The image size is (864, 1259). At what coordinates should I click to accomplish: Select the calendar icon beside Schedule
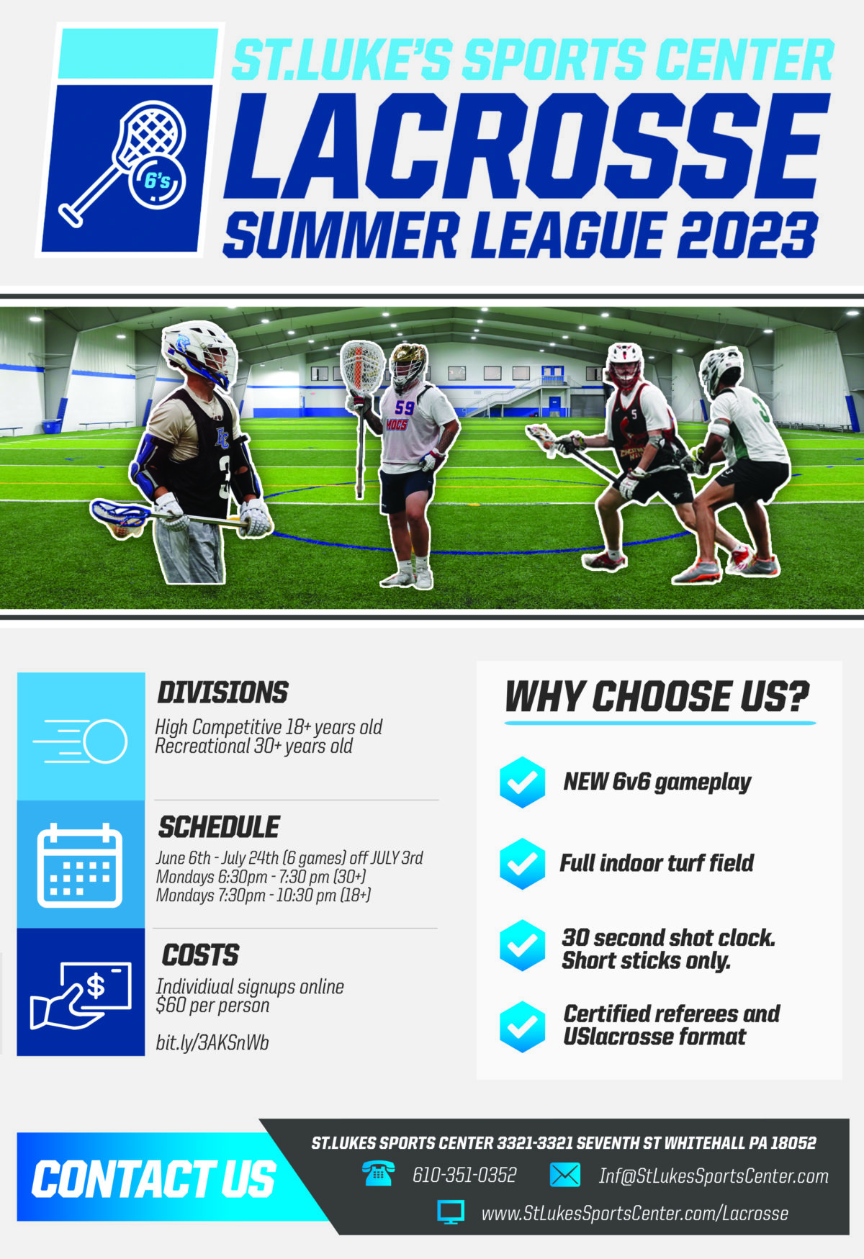tap(80, 865)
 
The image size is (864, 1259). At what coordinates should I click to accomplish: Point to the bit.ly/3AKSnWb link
tap(212, 1042)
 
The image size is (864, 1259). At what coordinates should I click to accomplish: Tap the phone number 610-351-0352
tap(464, 1175)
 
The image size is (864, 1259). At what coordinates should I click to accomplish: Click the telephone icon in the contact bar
tap(378, 1174)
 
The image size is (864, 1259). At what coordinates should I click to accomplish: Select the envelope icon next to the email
tap(564, 1175)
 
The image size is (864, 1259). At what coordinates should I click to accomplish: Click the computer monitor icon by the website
tap(451, 1212)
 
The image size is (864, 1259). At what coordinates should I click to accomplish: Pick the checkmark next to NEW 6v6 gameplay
tap(522, 782)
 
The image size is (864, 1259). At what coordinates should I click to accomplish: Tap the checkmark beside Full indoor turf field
tap(522, 863)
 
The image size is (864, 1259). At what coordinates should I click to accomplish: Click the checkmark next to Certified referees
tap(522, 1026)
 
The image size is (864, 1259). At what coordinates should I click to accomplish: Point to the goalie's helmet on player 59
tap(408, 364)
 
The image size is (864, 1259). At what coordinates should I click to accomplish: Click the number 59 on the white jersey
tap(405, 407)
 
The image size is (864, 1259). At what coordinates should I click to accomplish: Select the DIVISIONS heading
tap(222, 692)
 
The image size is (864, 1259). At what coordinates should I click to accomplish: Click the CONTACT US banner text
tap(153, 1179)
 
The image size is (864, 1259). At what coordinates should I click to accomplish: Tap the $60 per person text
tap(212, 1006)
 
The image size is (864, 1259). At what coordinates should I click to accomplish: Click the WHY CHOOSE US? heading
tap(657, 696)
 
